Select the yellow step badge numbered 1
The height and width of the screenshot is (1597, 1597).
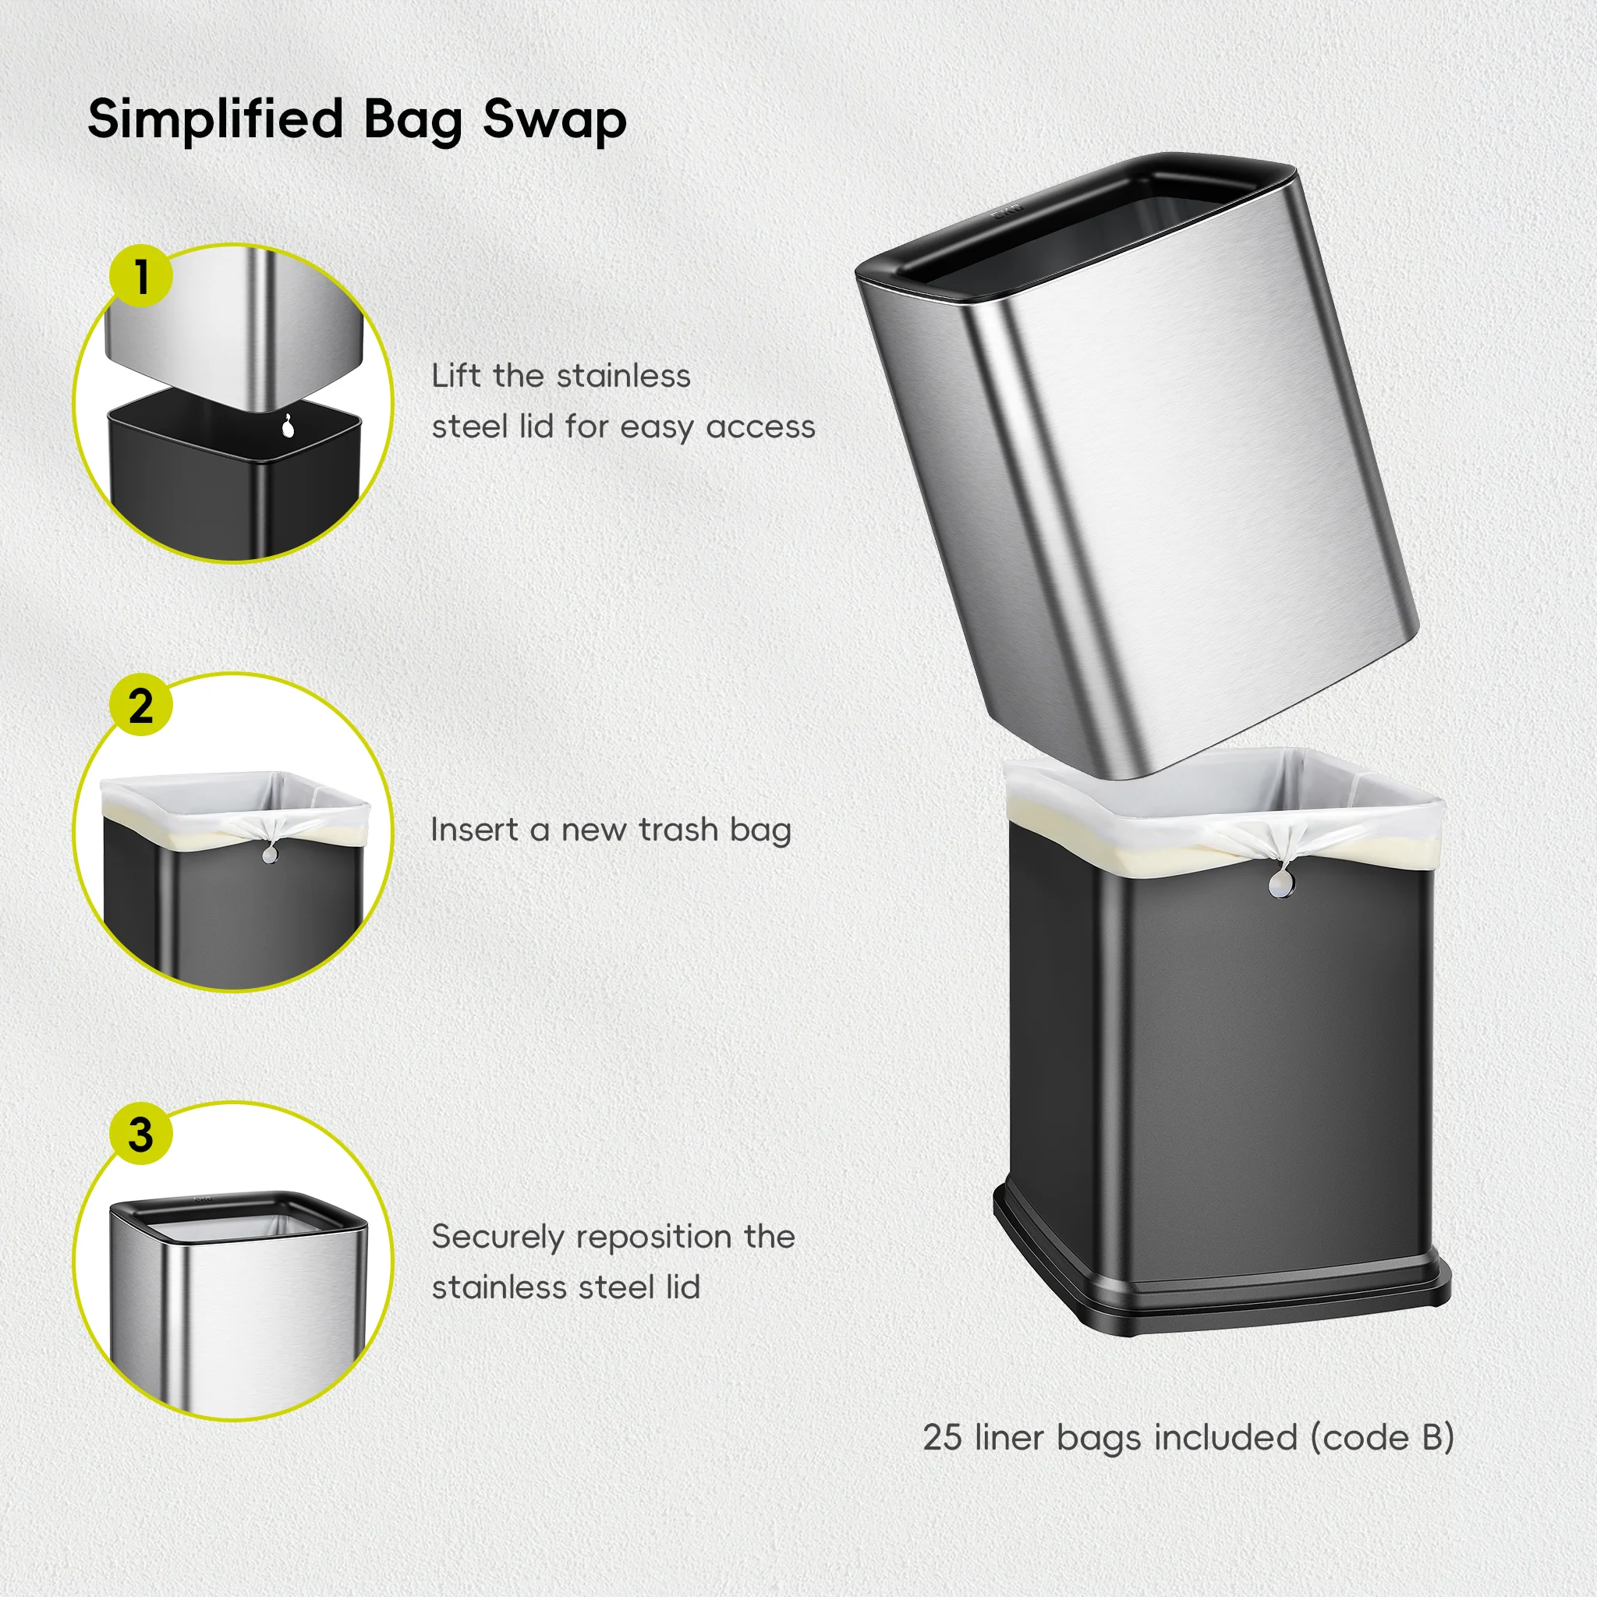(141, 276)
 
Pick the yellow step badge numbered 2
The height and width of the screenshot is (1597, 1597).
(141, 706)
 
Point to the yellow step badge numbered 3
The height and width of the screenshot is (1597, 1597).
(141, 1134)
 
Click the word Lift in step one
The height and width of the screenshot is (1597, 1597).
(455, 376)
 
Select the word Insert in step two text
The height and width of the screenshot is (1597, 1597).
(473, 830)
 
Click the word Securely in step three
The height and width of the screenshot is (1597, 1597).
(498, 1238)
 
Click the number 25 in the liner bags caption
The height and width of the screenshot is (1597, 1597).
(942, 1437)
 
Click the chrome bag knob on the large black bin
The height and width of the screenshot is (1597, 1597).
(1281, 886)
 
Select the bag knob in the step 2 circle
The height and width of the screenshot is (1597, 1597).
(270, 854)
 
